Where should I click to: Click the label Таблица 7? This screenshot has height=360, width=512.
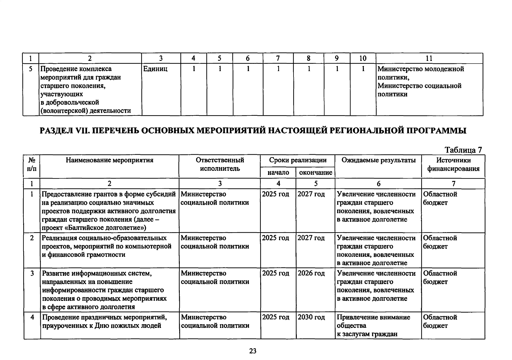click(x=463, y=150)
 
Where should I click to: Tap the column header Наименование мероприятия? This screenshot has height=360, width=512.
click(x=110, y=160)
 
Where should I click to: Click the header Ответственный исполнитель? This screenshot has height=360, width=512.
click(x=220, y=164)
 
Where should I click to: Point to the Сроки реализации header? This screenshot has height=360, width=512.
click(x=297, y=160)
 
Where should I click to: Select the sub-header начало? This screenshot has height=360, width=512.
click(x=278, y=172)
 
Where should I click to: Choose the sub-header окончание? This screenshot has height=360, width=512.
click(x=315, y=172)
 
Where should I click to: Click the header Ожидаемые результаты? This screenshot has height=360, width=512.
click(x=378, y=160)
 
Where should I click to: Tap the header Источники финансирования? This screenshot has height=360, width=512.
click(x=453, y=164)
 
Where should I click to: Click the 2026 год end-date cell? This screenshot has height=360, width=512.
click(x=311, y=273)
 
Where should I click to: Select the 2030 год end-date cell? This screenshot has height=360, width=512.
click(x=311, y=317)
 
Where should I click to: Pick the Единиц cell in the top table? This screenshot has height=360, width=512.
click(x=155, y=69)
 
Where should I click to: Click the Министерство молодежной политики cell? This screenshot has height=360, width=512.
click(x=420, y=73)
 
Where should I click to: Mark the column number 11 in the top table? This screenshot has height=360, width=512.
click(x=429, y=58)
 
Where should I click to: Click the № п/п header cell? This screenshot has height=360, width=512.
click(x=32, y=164)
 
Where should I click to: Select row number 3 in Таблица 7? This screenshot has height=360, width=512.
click(x=32, y=273)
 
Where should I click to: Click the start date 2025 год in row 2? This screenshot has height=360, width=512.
click(x=276, y=238)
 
